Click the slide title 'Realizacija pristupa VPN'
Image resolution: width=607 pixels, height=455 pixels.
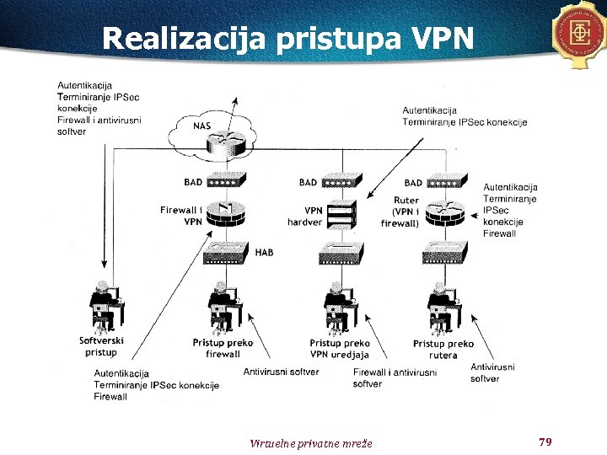click(287, 38)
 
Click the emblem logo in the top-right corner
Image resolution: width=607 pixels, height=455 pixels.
click(581, 35)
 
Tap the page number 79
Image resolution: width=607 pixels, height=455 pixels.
click(545, 442)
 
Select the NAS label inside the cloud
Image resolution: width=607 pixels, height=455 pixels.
click(202, 126)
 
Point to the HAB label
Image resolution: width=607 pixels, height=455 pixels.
click(264, 252)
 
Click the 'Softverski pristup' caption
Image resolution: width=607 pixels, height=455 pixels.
click(101, 346)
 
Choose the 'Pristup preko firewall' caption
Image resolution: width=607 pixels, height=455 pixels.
click(223, 349)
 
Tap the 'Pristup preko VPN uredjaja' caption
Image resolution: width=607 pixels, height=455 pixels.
click(340, 349)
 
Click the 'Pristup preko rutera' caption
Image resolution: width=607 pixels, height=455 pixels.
click(443, 349)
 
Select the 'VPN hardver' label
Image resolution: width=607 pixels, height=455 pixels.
click(304, 217)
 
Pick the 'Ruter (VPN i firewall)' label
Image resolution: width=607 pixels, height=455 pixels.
click(402, 211)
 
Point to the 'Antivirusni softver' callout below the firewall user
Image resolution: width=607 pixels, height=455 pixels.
click(281, 372)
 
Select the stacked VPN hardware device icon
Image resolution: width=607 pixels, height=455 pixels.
click(341, 217)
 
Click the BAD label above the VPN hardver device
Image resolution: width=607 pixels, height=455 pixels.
click(308, 183)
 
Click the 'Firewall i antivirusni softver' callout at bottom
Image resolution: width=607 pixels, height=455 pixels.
click(394, 377)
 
